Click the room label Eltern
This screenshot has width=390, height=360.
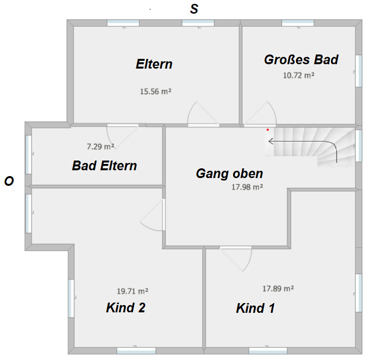click(x=154, y=64)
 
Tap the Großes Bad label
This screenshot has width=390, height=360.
click(x=301, y=60)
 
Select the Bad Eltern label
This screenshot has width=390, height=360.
click(x=105, y=166)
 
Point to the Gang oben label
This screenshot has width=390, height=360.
click(x=229, y=174)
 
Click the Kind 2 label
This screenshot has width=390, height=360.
click(x=126, y=308)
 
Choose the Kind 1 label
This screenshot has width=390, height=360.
click(x=256, y=308)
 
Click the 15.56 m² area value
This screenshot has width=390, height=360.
click(x=156, y=91)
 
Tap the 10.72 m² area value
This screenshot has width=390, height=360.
click(x=299, y=75)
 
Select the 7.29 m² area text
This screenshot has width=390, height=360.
click(x=100, y=146)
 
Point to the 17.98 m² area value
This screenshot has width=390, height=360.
click(x=247, y=187)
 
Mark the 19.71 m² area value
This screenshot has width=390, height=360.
click(x=132, y=291)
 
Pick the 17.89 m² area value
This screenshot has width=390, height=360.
click(x=278, y=288)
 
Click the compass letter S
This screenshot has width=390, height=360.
click(x=194, y=9)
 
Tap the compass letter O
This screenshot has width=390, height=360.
click(x=9, y=181)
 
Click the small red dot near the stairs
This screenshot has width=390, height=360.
click(x=268, y=130)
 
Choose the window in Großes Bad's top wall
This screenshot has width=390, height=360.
click(x=297, y=23)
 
